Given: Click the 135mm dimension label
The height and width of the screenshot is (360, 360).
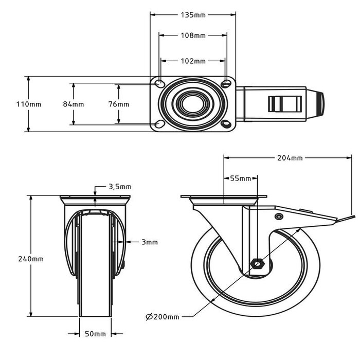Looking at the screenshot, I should point(193,15).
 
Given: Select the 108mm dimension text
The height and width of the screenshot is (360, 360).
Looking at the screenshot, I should point(193,35).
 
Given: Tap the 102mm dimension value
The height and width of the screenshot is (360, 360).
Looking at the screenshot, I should point(193,61).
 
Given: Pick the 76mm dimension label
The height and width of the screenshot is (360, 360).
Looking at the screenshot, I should point(119,104).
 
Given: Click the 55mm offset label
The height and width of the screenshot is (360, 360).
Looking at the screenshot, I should point(240,178).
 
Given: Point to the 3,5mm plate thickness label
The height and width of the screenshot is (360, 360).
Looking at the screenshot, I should point(120,187).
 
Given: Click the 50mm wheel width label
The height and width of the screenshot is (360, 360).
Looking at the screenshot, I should point(95,334).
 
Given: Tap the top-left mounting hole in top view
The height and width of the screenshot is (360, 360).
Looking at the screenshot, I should point(159,83).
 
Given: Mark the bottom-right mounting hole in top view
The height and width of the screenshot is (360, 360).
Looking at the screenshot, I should point(226,124).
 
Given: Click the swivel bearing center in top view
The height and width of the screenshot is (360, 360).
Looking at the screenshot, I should point(192,104).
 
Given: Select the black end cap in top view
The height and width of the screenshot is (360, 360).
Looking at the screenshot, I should point(321,104).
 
